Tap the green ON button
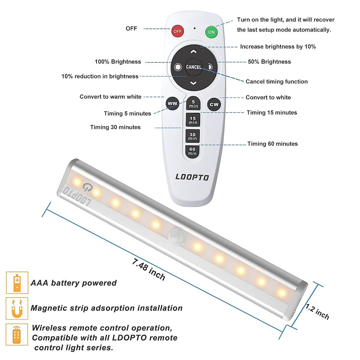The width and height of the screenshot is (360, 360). (x=211, y=32)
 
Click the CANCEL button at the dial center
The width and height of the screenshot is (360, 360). (x=193, y=67)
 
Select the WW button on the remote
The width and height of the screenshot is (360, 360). (x=172, y=103)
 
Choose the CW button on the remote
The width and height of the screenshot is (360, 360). (x=214, y=104)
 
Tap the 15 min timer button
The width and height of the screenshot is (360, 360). (x=193, y=120)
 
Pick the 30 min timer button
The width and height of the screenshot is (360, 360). (x=193, y=136)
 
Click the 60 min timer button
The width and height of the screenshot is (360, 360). (x=192, y=151)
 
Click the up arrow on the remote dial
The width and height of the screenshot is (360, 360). (x=193, y=52)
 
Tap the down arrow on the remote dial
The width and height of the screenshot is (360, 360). (x=193, y=83)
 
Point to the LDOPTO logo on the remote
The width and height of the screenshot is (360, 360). (x=192, y=177)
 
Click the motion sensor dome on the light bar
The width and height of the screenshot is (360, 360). (x=175, y=234)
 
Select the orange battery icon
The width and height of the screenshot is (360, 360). (x=17, y=283)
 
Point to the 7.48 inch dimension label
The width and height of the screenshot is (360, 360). (x=148, y=269)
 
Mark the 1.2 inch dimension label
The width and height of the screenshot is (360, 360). (x=317, y=312)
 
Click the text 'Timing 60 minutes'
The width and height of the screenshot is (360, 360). (x=272, y=144)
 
